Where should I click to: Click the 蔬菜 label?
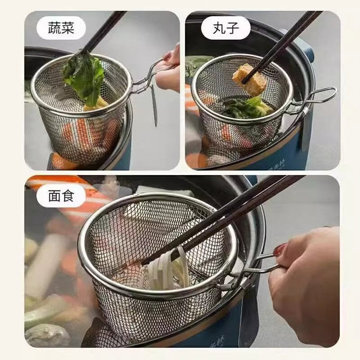(x=66, y=28)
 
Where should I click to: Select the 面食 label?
(x=66, y=196)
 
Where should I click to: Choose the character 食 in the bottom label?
(x=75, y=196)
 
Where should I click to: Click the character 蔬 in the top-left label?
(x=57, y=28)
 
